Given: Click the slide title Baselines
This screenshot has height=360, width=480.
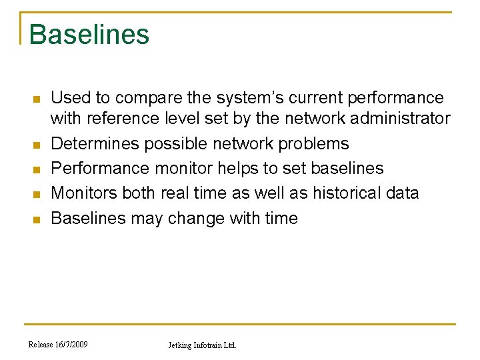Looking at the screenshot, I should click(89, 35).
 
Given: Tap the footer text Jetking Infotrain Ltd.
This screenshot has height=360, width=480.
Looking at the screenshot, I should click(201, 345).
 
